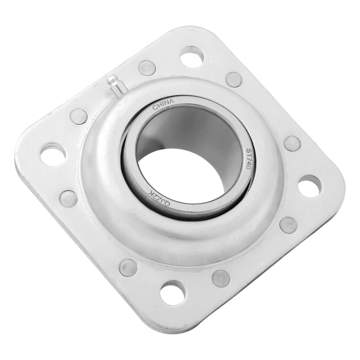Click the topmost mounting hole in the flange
(x=192, y=57)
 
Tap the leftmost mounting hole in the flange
(x=53, y=154)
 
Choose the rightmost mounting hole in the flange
(x=310, y=186)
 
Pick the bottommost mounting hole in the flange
(x=172, y=292)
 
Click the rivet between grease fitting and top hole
(x=147, y=68)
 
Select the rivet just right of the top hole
(x=234, y=80)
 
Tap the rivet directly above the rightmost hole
(x=292, y=144)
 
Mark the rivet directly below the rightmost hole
(x=288, y=225)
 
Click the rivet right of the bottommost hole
(x=221, y=278)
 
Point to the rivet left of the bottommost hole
(x=128, y=268)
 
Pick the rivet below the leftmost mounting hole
(x=69, y=199)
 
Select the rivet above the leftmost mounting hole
(x=79, y=116)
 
